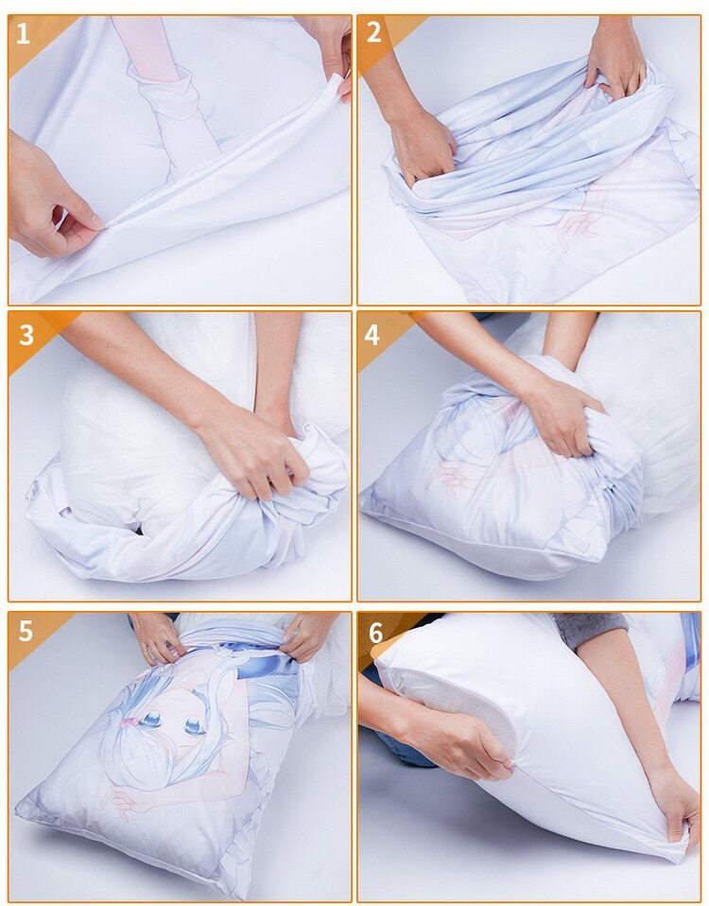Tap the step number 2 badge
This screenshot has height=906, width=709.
tap(374, 33)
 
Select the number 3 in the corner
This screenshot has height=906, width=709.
tap(26, 334)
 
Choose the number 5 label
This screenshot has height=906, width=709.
tap(26, 632)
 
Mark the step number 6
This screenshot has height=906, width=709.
tap(375, 633)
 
